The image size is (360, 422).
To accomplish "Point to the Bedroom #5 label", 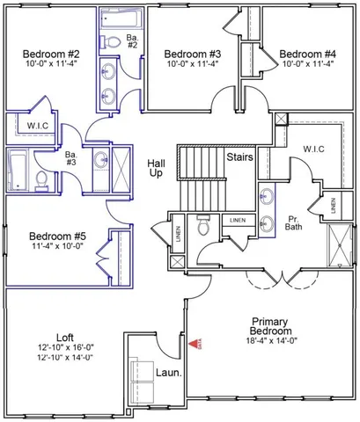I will click(56, 236).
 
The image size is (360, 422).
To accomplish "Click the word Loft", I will click(64, 336).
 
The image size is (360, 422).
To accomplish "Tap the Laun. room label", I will click(167, 372).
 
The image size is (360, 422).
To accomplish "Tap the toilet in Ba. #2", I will click(111, 40).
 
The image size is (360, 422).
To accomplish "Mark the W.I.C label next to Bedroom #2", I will click(37, 125).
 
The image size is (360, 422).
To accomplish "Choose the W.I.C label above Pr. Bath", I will click(313, 149).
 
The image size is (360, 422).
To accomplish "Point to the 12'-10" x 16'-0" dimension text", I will click(64, 347).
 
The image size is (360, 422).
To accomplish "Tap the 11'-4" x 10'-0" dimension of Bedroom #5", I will click(56, 248).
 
